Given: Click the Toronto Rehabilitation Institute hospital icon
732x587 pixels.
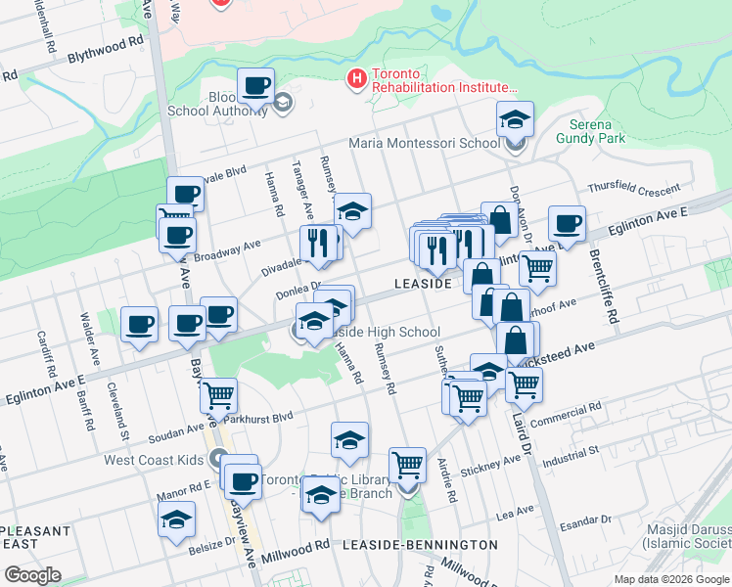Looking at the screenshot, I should (356, 76).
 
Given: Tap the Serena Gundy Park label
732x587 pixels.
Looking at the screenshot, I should (596, 132).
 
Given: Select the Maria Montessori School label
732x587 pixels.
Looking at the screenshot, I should (424, 143).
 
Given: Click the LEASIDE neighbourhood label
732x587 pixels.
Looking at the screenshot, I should (422, 284).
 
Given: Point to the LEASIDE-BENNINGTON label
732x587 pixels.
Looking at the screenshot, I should (420, 544).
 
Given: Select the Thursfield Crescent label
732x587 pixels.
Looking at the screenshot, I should (633, 188).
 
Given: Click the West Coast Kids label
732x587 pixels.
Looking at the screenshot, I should (156, 459).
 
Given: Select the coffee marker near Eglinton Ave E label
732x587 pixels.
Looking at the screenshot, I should (566, 224).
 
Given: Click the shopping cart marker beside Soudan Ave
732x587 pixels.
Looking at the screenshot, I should (218, 395).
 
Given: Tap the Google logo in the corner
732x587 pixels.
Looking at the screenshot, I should (32, 575).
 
